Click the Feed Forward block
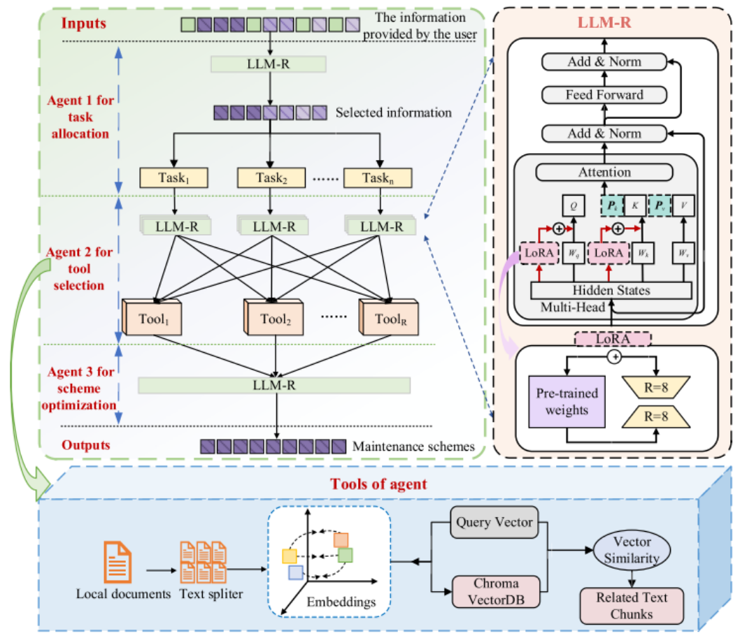604,94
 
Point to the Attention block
604,172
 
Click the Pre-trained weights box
567,400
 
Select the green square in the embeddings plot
345,556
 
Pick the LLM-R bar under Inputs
268,64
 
